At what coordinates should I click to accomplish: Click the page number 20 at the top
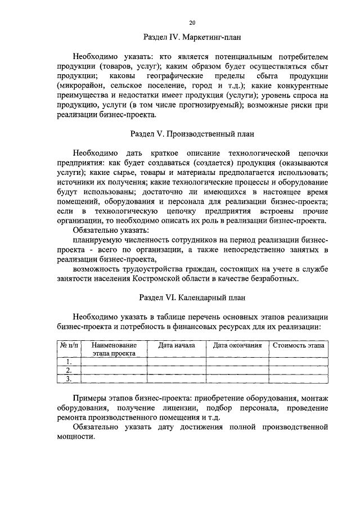pyautogui.click(x=192, y=22)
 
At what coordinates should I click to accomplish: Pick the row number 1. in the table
pyautogui.click(x=69, y=362)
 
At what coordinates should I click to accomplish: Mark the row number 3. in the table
pyautogui.click(x=69, y=379)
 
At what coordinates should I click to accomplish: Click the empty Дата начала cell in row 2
pyautogui.click(x=176, y=370)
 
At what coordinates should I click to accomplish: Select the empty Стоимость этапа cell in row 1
pyautogui.click(x=298, y=362)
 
